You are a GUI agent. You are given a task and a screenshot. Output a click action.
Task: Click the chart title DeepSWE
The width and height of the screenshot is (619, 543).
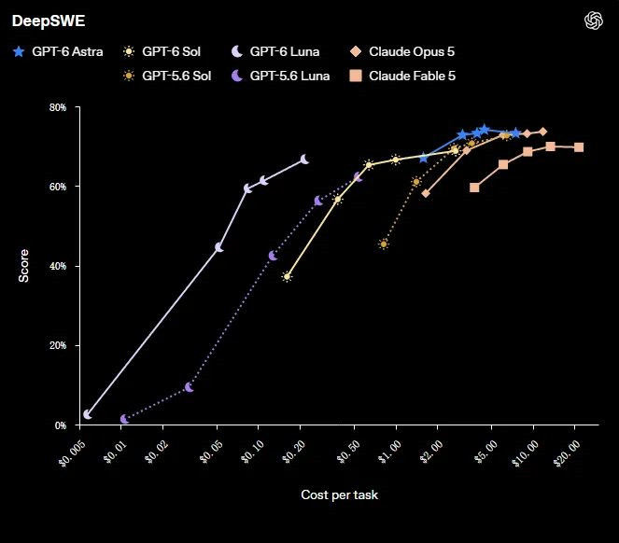coord(49,21)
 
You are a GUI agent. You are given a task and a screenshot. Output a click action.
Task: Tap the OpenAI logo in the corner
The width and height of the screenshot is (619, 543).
coord(594,21)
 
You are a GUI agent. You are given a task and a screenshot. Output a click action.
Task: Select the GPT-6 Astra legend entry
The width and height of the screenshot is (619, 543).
coord(58,51)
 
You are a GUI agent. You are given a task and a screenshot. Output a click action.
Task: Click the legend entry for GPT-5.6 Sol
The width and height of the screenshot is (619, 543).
coord(167,76)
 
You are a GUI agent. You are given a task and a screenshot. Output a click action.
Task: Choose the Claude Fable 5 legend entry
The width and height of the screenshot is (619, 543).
coord(402,76)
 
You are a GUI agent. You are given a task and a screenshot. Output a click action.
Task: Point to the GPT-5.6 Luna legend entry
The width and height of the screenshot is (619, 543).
coord(280,76)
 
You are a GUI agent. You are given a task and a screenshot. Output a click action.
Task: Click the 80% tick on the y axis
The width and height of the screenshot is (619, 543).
coord(58,107)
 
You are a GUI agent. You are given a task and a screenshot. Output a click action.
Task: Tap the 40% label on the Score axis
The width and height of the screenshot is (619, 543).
coord(58,266)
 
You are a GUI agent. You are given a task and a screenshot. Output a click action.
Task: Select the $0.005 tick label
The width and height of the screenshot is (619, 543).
coord(72,453)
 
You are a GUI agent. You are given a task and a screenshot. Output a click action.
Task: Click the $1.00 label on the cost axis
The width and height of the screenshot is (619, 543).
coord(389,452)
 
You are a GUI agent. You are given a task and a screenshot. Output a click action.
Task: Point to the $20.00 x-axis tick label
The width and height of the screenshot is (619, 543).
coord(567,453)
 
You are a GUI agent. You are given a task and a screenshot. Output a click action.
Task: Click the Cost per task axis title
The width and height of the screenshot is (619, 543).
coord(340,494)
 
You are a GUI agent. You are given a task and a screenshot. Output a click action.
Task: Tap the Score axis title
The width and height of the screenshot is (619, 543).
coord(23,266)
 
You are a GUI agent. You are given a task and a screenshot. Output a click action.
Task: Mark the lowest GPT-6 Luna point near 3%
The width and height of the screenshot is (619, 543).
coord(88,414)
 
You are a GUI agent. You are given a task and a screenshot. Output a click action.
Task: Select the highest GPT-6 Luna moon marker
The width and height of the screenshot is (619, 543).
coord(304,160)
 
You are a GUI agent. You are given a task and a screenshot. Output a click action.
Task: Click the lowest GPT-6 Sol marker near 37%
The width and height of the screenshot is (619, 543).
coord(287,276)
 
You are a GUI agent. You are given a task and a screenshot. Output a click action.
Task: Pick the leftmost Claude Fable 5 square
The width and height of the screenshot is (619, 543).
coord(474,188)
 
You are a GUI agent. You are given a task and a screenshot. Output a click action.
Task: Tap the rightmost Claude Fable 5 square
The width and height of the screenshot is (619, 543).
coord(579,147)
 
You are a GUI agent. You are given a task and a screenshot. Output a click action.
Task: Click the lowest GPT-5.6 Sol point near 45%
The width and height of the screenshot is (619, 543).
coord(384,244)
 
